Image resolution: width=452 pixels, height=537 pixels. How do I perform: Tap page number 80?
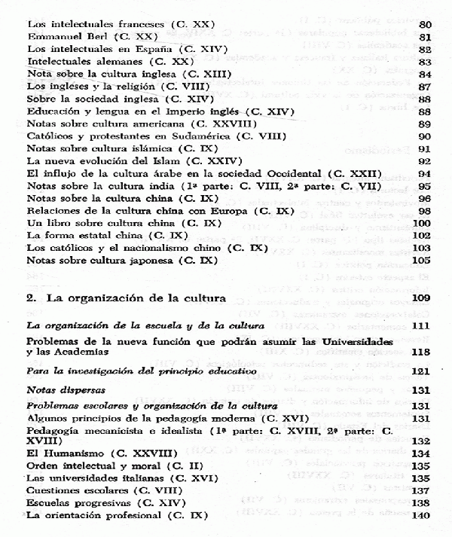[423, 23]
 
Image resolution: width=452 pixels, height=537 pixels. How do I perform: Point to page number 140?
[420, 517]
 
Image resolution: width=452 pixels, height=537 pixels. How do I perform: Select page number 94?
[423, 173]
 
